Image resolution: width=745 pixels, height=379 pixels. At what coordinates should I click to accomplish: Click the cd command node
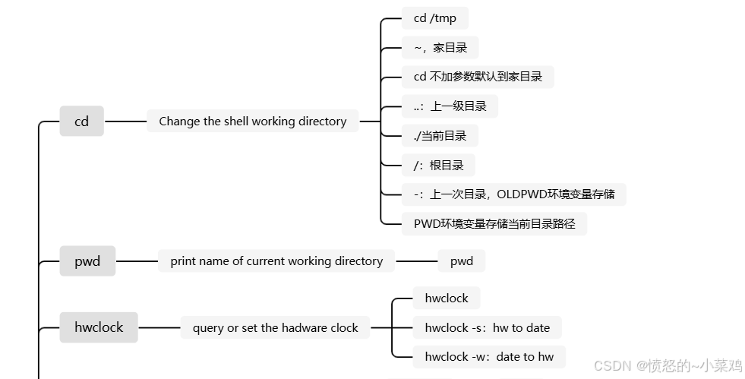point(81,121)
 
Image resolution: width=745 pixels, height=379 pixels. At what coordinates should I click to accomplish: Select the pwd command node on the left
point(87,261)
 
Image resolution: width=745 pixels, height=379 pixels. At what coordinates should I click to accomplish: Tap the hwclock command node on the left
point(99,328)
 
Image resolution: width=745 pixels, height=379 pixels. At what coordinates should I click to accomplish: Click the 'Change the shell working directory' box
point(252,121)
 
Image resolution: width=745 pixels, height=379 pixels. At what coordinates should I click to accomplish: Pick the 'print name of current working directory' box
point(276,261)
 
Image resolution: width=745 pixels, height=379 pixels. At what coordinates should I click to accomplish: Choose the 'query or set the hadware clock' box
point(275,328)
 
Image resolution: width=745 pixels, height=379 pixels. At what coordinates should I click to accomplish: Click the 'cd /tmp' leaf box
point(434,18)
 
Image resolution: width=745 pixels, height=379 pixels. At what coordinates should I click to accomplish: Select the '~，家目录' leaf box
point(440,48)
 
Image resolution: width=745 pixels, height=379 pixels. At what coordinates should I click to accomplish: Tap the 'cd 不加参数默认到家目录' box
point(478,77)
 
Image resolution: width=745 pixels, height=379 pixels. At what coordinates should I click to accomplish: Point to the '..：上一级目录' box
point(450,106)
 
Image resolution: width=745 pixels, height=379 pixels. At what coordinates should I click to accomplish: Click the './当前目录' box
point(440,136)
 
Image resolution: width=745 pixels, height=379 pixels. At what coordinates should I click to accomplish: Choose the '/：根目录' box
point(438,165)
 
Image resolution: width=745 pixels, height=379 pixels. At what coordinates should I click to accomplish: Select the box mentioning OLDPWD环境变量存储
point(513,194)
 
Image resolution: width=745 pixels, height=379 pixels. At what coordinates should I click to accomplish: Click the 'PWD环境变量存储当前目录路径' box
point(494,223)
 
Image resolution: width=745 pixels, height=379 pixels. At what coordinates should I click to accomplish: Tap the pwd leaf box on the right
point(461,261)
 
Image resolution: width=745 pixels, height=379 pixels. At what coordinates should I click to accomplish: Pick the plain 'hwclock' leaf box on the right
point(447,298)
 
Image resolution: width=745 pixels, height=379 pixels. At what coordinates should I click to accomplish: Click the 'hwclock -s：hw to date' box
point(487,328)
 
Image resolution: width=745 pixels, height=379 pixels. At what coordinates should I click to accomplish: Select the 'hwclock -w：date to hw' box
point(489,357)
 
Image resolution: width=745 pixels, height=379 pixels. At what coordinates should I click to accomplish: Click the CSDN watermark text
point(668,366)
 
